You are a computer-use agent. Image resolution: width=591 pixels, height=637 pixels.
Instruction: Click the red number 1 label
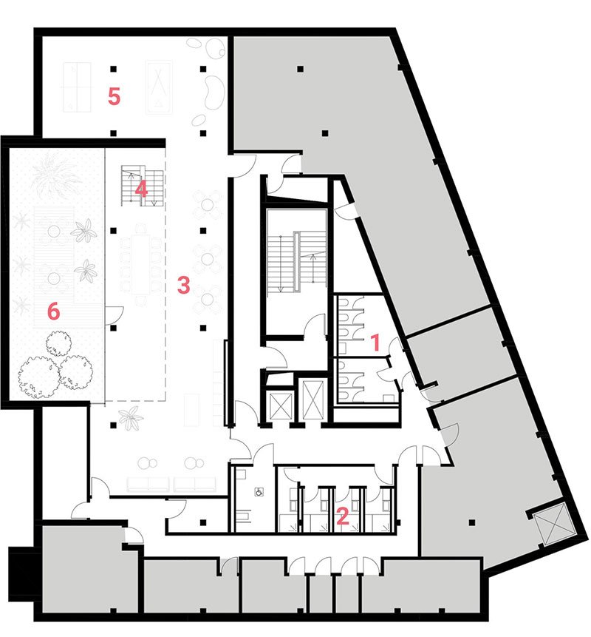point(376,342)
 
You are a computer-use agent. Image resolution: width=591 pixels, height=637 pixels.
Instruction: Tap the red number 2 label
point(343,516)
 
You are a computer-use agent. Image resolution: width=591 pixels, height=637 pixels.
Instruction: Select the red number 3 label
point(184,285)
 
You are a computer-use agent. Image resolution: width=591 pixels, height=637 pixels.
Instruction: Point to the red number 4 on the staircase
point(141,189)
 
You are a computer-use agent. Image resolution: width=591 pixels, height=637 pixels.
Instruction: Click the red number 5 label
point(114,97)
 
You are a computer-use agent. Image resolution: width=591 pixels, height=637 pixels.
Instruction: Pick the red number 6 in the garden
point(53,311)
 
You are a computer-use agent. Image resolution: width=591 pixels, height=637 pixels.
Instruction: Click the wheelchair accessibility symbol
point(259,492)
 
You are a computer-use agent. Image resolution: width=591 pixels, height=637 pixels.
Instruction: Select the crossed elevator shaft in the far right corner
point(553,523)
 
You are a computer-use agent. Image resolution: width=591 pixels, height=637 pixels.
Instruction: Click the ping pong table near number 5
point(76,87)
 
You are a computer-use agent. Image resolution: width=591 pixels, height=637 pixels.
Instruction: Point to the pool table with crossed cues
point(159,87)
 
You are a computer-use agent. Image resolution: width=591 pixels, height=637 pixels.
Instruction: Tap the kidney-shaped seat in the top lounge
point(213,93)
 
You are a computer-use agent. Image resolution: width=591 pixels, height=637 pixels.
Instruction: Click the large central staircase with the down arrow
point(296,261)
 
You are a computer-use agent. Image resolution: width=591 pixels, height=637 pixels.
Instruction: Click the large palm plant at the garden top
point(55,173)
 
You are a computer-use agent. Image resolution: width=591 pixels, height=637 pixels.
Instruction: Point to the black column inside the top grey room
point(300,69)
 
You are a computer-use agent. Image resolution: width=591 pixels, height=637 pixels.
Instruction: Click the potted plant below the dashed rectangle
point(131,418)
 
